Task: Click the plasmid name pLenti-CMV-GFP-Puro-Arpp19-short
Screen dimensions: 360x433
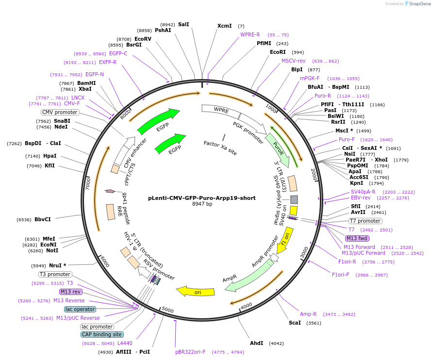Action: point(201,198)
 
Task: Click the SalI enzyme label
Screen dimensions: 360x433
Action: point(183,24)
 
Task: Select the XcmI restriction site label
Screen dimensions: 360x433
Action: point(224,26)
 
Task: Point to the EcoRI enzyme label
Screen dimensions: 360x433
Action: point(278,52)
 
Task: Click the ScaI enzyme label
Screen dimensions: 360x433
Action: point(295,323)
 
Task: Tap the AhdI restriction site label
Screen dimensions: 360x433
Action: point(256,343)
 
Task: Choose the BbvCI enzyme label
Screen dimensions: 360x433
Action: point(43,219)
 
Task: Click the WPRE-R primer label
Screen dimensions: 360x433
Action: point(250,34)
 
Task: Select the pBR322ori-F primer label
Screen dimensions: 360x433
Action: point(190,352)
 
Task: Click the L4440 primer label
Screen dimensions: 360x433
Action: point(125,344)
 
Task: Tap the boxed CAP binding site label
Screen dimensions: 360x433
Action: point(102,334)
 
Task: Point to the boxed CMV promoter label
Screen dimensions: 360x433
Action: point(60,112)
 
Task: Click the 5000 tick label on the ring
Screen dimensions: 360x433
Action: point(167,310)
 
